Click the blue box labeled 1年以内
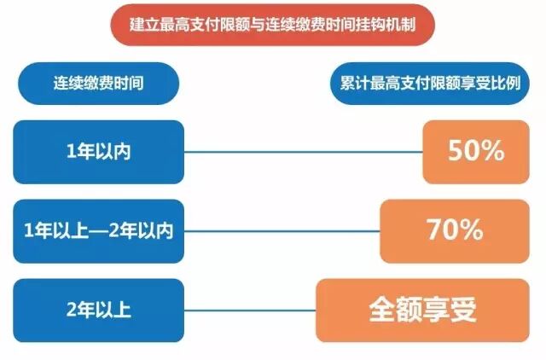[x=99, y=152]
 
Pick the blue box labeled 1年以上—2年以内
[x=99, y=229]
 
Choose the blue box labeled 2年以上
[x=99, y=310]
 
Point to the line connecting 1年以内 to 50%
[x=303, y=153]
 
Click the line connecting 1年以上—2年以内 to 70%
[x=282, y=230]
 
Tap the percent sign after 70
[x=471, y=229]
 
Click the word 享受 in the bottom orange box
[x=449, y=310]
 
